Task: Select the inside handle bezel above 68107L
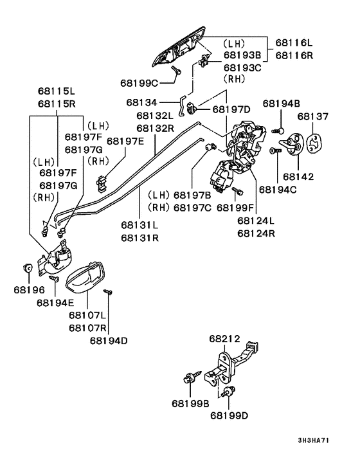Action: coord(87,277)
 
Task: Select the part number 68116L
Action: coord(294,42)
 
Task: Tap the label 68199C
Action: coord(139,82)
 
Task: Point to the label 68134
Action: coord(142,102)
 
